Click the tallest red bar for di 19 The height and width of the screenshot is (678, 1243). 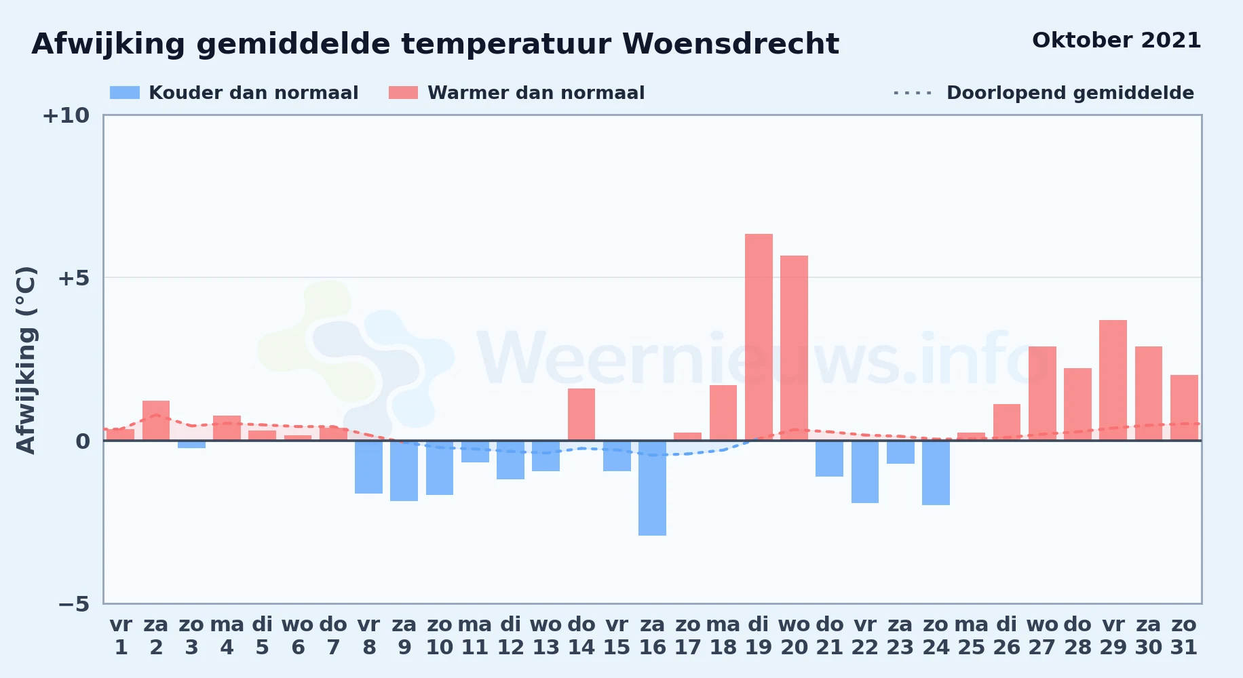click(x=759, y=337)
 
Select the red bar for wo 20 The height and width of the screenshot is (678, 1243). click(x=794, y=348)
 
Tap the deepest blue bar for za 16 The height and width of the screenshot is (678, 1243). click(x=652, y=488)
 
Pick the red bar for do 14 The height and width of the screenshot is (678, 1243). click(x=581, y=414)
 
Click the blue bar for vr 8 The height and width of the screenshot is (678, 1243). click(x=368, y=467)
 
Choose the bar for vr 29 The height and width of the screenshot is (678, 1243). click(x=1113, y=380)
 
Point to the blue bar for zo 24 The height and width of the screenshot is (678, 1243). click(x=936, y=473)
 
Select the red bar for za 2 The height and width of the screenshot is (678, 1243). click(x=156, y=420)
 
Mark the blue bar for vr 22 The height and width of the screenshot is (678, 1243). click(x=865, y=472)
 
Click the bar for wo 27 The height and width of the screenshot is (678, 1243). click(x=1042, y=393)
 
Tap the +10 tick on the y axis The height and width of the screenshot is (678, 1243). click(x=66, y=115)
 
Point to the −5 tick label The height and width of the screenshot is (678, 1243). click(x=74, y=603)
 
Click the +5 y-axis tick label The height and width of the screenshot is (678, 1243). click(x=74, y=278)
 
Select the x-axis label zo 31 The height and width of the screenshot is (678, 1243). click(x=1184, y=636)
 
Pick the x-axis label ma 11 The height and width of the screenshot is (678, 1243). click(x=475, y=636)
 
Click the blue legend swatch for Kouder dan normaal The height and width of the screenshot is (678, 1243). click(x=125, y=93)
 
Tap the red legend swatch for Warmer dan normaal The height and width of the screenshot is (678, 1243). click(x=403, y=93)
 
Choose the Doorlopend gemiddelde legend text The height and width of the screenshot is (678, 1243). click(x=1070, y=93)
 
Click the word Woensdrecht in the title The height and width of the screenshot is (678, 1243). click(x=731, y=44)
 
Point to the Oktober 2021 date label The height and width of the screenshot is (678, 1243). click(x=1116, y=40)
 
